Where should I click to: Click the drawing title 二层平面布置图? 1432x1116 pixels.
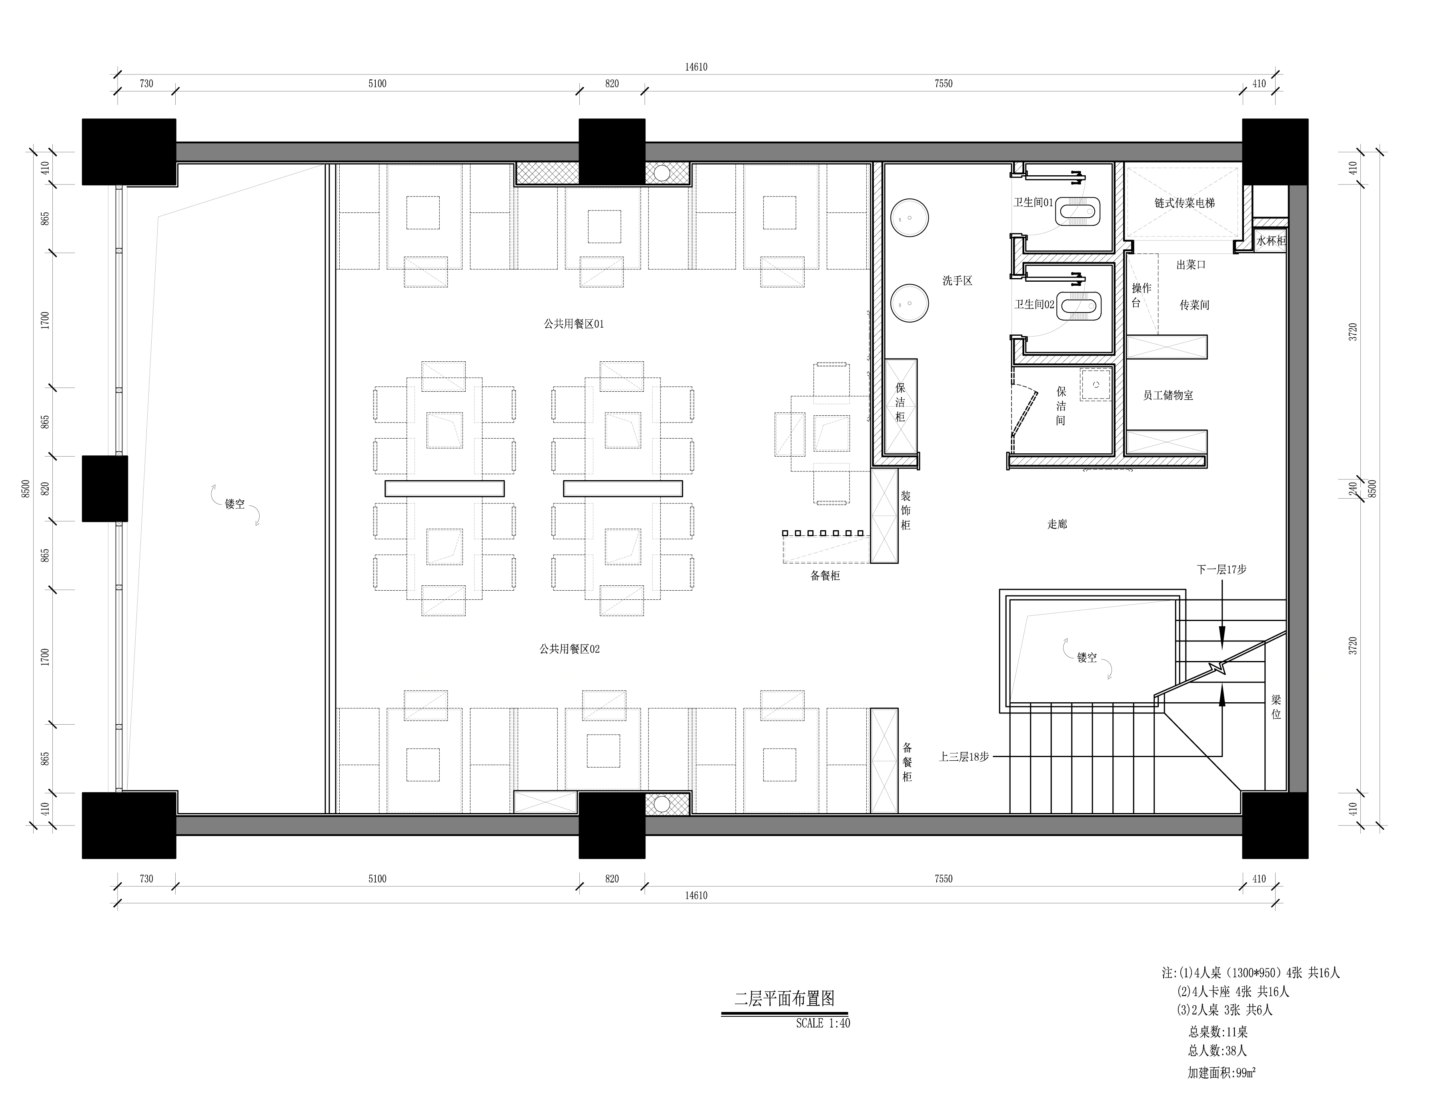point(784,999)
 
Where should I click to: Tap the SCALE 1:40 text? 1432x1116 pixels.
point(823,1023)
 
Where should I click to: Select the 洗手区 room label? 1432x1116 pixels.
point(957,281)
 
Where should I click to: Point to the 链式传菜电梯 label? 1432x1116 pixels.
point(1185,203)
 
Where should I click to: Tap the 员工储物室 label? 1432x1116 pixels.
point(1168,395)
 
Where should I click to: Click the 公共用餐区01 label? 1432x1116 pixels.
point(574,324)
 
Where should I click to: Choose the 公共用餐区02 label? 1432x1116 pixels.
point(570,649)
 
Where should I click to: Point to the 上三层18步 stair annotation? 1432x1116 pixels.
point(964,757)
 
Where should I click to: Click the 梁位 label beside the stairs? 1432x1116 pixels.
point(1276,707)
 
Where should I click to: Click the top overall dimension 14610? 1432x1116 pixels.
point(696,67)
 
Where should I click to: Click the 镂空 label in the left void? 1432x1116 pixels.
point(235,504)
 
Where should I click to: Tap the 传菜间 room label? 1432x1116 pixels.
point(1195,305)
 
